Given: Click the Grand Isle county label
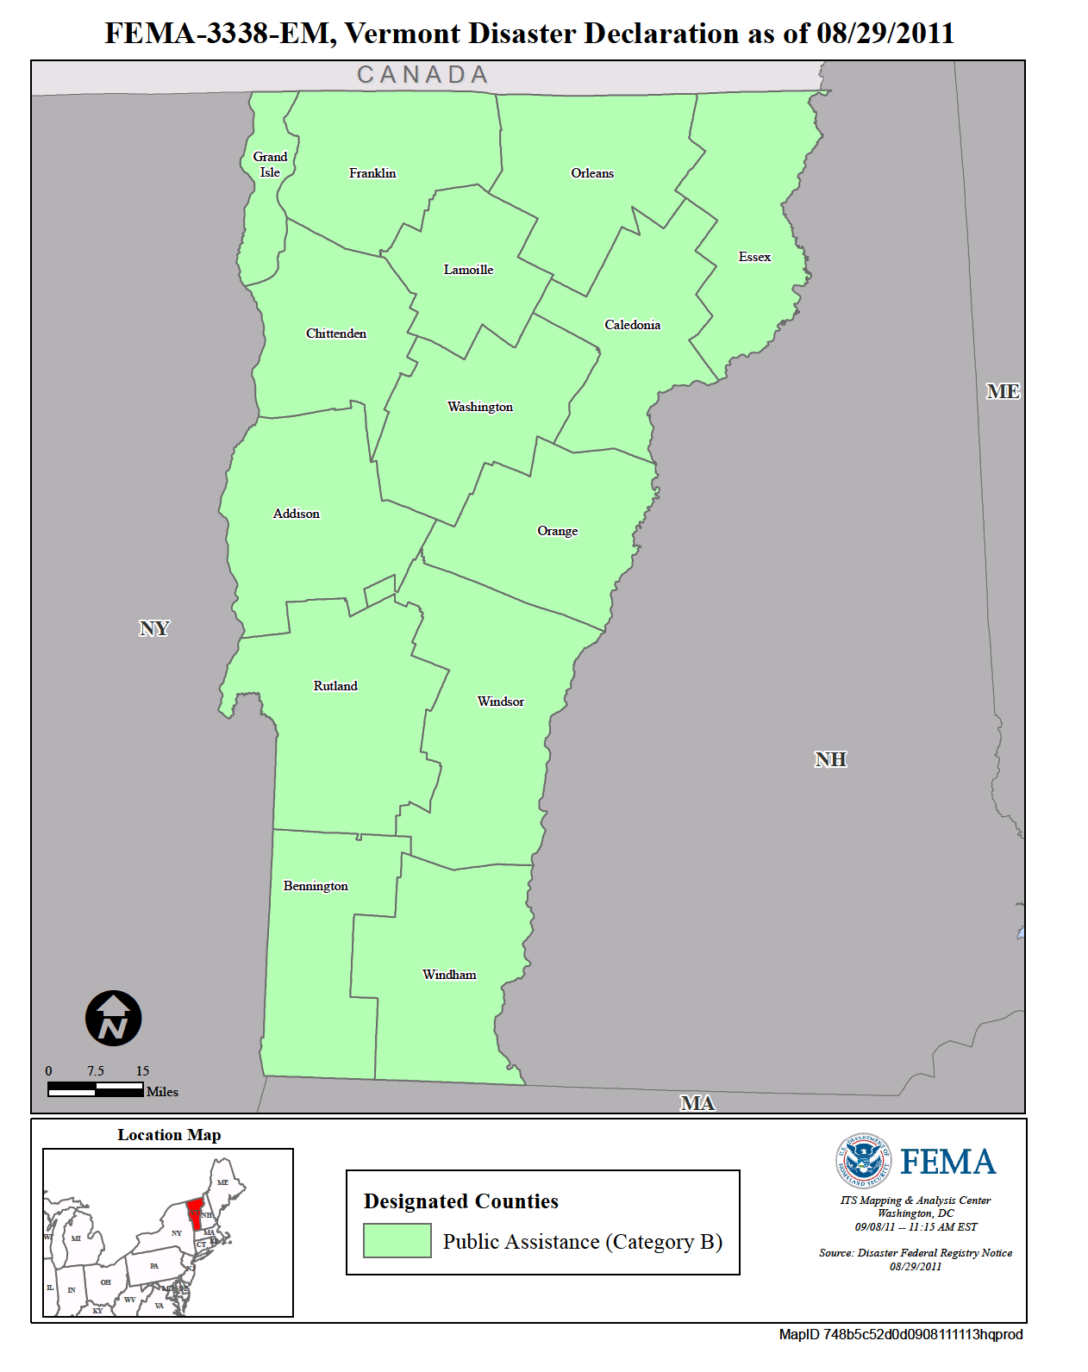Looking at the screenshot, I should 270,165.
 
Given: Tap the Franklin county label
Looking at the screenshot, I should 372,173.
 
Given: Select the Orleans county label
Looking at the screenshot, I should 592,173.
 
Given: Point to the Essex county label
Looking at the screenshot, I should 754,257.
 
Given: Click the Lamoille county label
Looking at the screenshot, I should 468,270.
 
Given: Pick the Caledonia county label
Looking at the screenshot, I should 632,325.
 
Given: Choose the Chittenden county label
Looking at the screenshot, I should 336,334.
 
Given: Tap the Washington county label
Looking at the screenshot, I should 479,407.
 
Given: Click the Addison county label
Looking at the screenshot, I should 296,514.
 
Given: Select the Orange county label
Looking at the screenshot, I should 557,531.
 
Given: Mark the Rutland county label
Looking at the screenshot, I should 335,686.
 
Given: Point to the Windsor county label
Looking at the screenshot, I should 500,702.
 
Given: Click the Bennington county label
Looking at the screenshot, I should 316,886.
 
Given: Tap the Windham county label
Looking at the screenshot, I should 449,975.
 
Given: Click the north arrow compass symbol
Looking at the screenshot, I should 113,1018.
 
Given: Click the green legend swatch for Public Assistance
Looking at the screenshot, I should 397,1241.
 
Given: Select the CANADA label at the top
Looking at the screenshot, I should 422,76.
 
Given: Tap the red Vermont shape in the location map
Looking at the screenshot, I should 195,1213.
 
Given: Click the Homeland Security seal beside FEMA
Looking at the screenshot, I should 863,1161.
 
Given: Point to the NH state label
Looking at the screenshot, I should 830,759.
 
